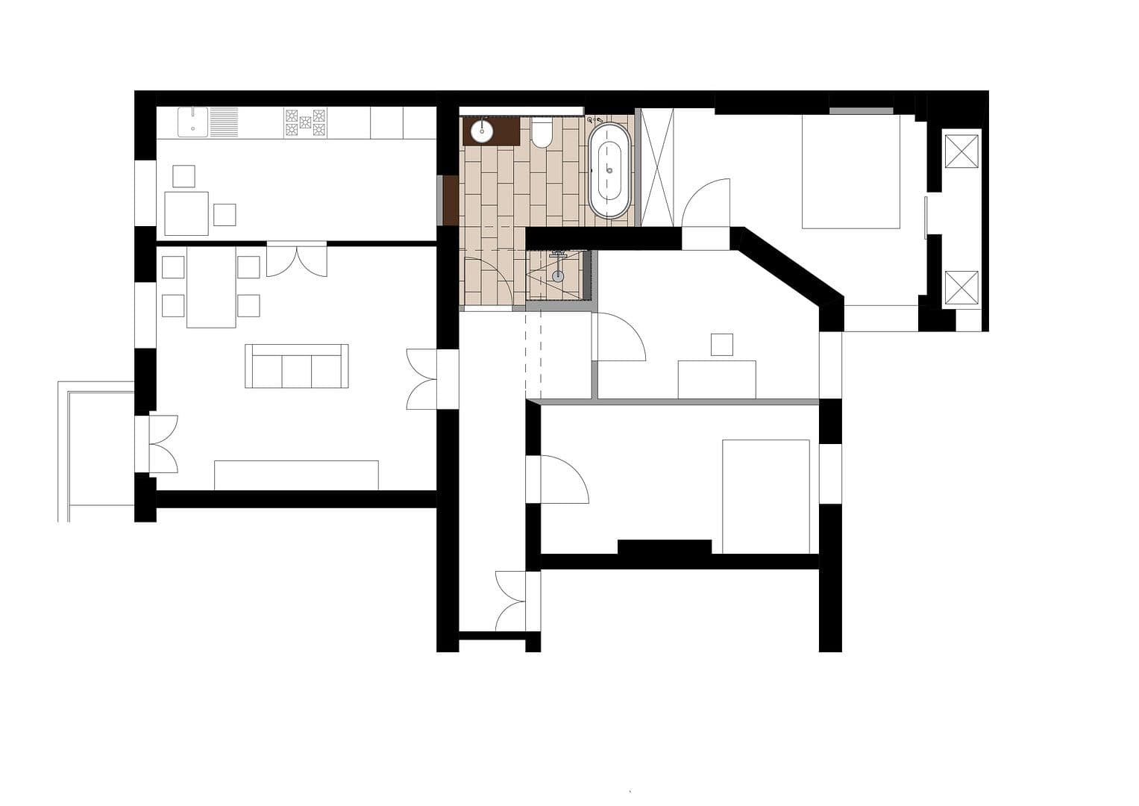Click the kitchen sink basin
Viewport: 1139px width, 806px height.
click(x=194, y=122)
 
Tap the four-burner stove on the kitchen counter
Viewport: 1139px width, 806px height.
click(x=304, y=122)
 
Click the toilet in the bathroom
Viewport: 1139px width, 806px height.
click(x=542, y=134)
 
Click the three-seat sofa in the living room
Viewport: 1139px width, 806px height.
click(x=297, y=366)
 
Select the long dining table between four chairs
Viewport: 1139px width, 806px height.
click(x=211, y=287)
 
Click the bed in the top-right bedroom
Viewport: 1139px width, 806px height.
click(x=850, y=172)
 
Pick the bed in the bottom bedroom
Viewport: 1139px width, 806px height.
click(x=766, y=496)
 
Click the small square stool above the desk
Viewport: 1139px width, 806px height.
click(x=721, y=344)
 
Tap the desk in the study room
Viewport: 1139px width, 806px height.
click(x=716, y=380)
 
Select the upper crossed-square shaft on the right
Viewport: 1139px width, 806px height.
click(x=961, y=151)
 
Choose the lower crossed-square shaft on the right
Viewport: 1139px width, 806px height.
click(x=961, y=288)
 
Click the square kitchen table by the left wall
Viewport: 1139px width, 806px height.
click(x=186, y=213)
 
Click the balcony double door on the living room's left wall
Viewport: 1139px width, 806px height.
click(x=163, y=444)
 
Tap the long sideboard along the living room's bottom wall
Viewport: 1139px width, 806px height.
click(x=296, y=475)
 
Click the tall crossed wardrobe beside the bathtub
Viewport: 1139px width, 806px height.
click(x=658, y=167)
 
